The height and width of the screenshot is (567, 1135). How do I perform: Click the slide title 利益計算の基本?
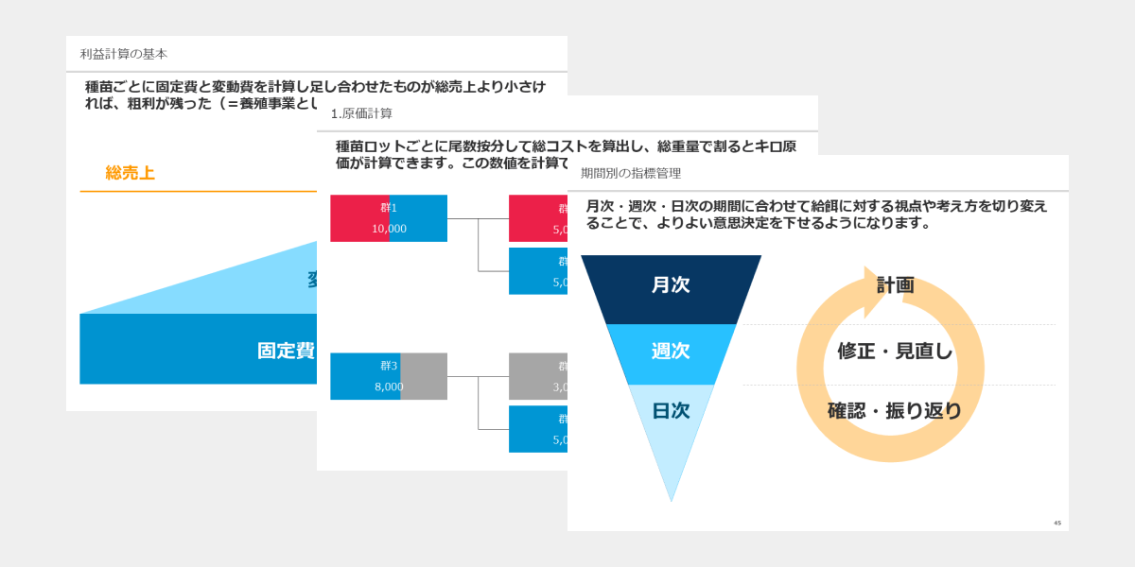point(124,54)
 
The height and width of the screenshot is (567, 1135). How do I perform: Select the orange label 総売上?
point(130,173)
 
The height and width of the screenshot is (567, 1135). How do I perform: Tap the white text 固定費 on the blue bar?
point(286,351)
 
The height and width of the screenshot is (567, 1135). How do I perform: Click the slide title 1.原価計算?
point(361,113)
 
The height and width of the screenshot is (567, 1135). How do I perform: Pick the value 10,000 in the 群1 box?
point(389,229)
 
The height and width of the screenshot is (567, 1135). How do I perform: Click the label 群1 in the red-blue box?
point(389,208)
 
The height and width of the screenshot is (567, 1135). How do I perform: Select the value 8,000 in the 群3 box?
point(389,387)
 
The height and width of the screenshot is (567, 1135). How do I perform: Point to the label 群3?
point(389,366)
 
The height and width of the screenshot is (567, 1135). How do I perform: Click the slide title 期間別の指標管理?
point(631,173)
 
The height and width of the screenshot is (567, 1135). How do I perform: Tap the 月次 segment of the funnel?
point(671,285)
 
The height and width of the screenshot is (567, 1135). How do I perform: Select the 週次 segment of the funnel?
point(671,352)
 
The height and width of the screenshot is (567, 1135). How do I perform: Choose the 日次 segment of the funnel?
point(671,411)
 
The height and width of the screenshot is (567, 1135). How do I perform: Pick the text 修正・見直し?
point(895,352)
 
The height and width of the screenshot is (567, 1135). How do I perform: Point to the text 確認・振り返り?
point(895,411)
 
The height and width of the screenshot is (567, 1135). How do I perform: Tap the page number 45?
point(1057,523)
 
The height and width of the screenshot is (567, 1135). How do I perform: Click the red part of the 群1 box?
point(358,218)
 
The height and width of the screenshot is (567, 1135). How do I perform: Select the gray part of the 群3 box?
point(424,376)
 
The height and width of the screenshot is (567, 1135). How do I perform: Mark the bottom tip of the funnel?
point(672,497)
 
